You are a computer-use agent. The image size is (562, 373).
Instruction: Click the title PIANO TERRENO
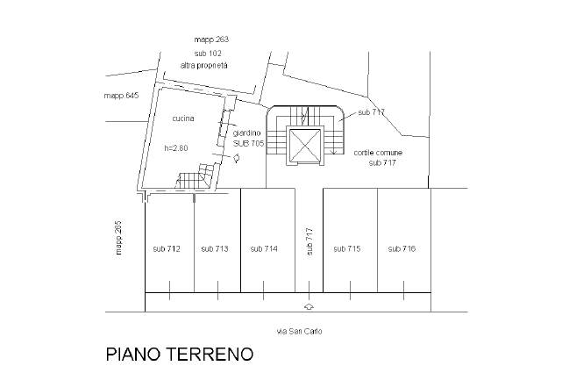coord(179,355)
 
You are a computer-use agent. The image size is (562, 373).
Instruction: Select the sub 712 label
coord(166,249)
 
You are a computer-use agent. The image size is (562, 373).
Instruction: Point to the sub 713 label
coord(215,249)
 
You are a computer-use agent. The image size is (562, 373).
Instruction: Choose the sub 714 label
coord(264,249)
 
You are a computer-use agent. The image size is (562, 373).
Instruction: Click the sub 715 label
coord(347,249)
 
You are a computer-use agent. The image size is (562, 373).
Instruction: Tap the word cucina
coord(182,118)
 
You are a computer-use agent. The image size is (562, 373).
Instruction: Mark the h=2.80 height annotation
coord(176,147)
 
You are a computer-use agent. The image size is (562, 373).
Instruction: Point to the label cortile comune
coord(378,153)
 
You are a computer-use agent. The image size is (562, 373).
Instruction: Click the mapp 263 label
coord(211,40)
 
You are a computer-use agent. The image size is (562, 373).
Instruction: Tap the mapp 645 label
coord(121,95)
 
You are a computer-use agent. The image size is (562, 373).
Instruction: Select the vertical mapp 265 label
coord(117,238)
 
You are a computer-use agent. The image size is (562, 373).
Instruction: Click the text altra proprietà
coord(203,66)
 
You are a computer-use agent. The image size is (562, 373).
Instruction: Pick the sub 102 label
coord(207,54)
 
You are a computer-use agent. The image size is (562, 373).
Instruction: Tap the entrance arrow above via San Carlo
coord(308,306)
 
